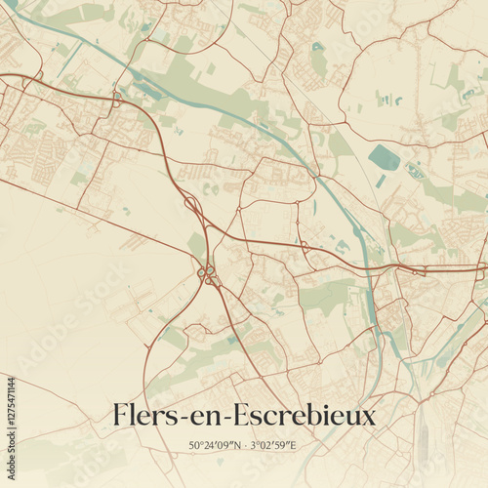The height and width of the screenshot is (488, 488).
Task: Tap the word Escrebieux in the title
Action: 309,416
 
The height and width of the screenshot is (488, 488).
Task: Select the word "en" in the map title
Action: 209,418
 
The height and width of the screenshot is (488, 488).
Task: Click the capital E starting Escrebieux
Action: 251,416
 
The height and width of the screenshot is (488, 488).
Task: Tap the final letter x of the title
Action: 368,418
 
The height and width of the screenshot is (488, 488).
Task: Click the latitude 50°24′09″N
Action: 216,446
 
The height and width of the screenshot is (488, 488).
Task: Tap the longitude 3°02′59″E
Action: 273,446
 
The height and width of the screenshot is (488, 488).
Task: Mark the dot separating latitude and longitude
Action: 245,446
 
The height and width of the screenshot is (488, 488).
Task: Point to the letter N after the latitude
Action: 237,446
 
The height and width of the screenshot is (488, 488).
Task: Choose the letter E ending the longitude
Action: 295,446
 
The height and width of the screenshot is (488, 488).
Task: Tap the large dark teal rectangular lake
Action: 384,157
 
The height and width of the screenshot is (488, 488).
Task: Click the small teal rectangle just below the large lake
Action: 381,182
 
